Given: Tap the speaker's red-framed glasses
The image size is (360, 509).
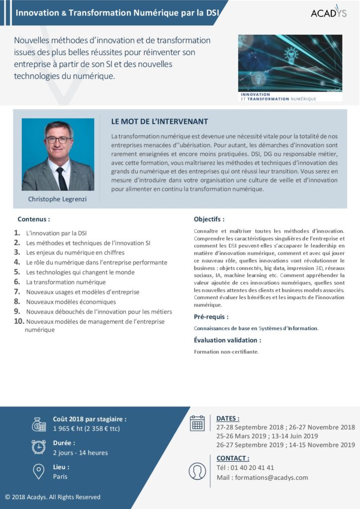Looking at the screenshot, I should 58,140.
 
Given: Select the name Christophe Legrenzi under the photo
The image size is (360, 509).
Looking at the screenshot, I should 58,199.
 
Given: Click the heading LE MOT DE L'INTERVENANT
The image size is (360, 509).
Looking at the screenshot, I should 160,121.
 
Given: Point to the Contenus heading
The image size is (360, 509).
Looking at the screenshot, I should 34,219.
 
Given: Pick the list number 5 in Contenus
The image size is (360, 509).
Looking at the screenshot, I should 17,272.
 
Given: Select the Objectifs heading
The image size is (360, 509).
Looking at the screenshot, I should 209,219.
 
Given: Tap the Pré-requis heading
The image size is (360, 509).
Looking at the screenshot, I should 211,316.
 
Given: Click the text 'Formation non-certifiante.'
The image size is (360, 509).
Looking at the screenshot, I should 226,352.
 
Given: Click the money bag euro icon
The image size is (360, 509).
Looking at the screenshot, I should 39,424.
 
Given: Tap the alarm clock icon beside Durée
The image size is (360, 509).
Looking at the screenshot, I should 38,447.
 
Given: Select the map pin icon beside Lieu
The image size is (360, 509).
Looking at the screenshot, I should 38,471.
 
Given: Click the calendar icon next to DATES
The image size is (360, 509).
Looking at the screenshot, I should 197,423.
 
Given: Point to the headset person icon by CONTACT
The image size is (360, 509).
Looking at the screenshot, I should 197,471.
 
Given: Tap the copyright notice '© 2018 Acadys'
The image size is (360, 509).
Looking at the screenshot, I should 53,497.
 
